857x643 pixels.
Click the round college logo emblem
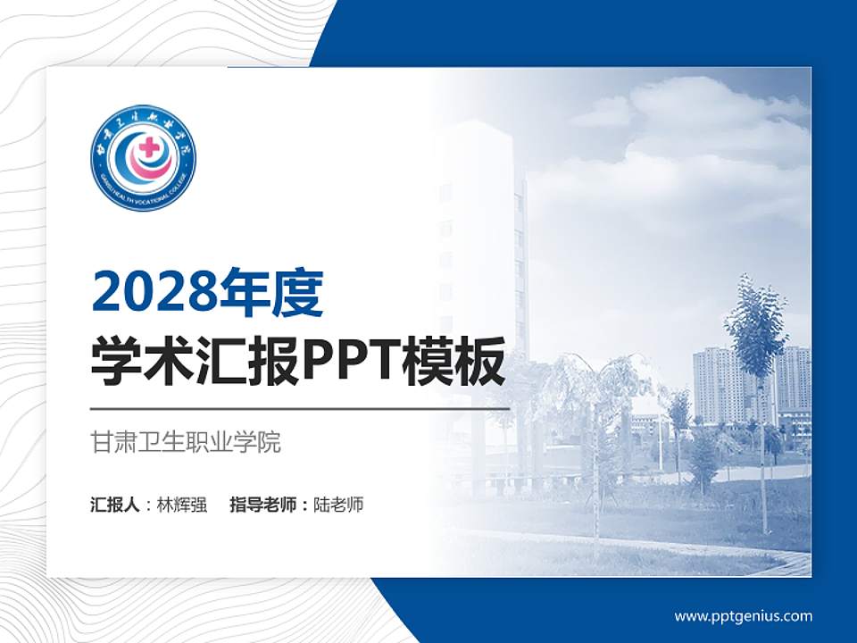point(143,158)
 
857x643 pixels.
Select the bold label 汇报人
point(114,505)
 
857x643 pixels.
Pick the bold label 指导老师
point(265,505)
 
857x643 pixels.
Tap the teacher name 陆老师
point(338,505)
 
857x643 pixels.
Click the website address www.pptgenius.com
point(743,615)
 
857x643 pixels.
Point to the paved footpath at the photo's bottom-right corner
point(786,563)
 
